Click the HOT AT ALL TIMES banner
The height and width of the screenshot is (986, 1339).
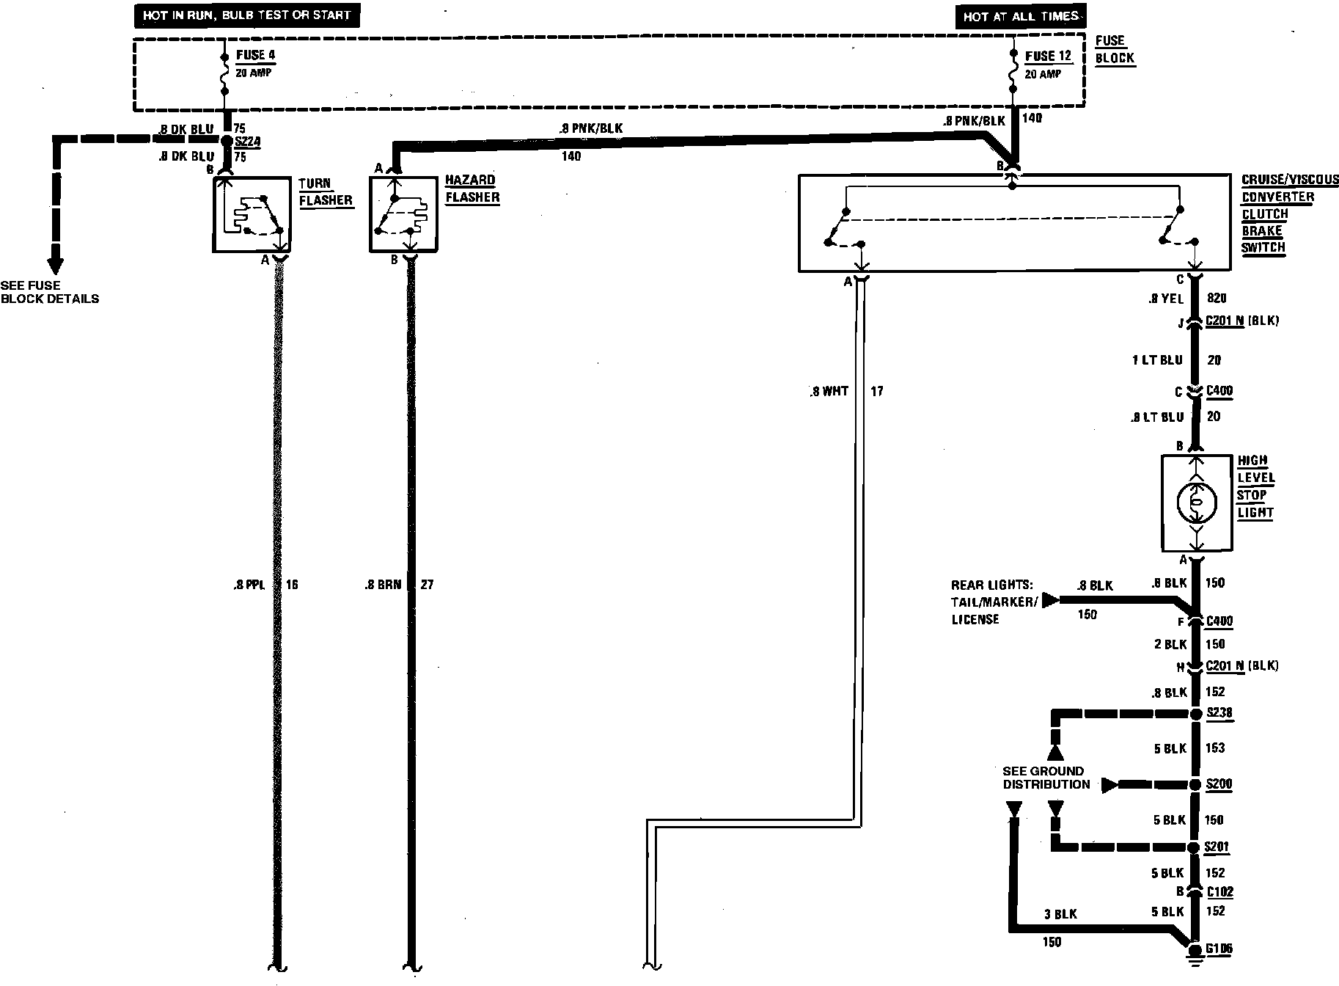(x=1021, y=16)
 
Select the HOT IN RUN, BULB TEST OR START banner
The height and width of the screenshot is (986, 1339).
(x=246, y=15)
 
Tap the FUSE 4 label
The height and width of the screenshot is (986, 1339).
(x=255, y=55)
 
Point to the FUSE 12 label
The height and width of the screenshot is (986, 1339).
(x=1047, y=56)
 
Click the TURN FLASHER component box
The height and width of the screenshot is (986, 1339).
(x=251, y=214)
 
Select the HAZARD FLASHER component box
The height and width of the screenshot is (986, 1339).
(x=406, y=214)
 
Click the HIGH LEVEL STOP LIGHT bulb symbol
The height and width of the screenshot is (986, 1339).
(x=1196, y=503)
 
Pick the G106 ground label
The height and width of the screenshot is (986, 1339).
(x=1218, y=949)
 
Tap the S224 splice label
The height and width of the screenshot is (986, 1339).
(x=248, y=142)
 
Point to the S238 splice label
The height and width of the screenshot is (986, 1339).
(x=1219, y=713)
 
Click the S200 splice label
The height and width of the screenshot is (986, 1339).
(x=1219, y=784)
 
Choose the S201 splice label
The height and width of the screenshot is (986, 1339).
(x=1218, y=847)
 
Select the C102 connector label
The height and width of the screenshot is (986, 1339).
(x=1219, y=892)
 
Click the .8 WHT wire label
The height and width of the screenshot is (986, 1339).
(x=829, y=392)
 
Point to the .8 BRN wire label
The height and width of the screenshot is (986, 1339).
(x=383, y=585)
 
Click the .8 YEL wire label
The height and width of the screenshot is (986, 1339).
(x=1166, y=299)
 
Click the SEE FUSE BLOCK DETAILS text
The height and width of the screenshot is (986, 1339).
(x=49, y=292)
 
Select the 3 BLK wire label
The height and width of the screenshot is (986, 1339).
(x=1061, y=915)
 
